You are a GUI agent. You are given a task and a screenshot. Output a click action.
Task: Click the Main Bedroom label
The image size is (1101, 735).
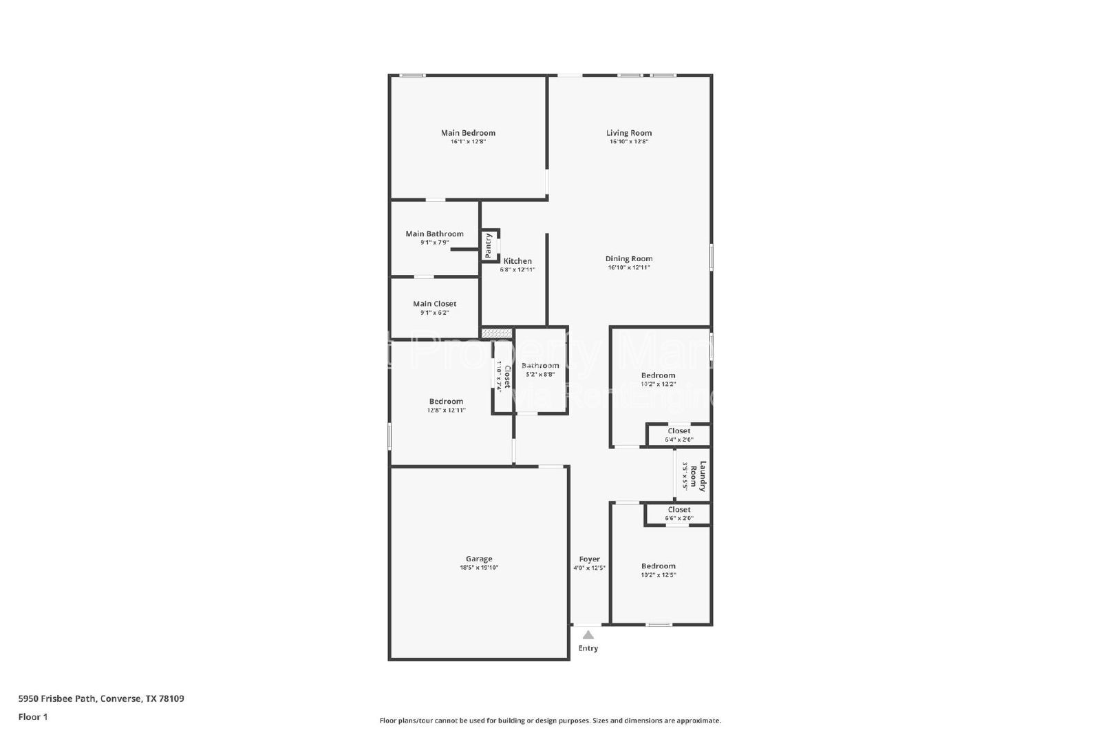pyautogui.click(x=468, y=133)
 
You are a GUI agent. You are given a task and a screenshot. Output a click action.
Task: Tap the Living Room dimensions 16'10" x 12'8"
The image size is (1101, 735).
pyautogui.click(x=628, y=142)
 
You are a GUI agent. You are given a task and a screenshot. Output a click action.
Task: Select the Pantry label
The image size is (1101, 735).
pyautogui.click(x=489, y=245)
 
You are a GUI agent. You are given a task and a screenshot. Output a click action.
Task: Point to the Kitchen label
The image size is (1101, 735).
pyautogui.click(x=517, y=261)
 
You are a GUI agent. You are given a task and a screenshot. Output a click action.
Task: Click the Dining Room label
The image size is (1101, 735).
pyautogui.click(x=628, y=259)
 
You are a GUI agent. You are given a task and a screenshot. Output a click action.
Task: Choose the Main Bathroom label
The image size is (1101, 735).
pyautogui.click(x=434, y=234)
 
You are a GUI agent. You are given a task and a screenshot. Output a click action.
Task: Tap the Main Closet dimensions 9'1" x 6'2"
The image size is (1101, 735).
pyautogui.click(x=434, y=313)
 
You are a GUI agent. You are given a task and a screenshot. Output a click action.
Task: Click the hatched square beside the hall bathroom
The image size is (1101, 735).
pyautogui.click(x=496, y=333)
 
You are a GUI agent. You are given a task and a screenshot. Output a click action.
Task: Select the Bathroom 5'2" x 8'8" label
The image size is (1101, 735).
pyautogui.click(x=540, y=366)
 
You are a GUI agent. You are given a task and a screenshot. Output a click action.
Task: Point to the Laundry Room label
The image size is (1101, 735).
pyautogui.click(x=702, y=476)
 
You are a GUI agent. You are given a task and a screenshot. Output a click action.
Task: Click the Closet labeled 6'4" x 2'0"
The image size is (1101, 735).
pyautogui.click(x=678, y=431)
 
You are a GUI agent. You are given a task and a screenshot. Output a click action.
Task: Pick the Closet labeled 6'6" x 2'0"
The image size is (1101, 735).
pyautogui.click(x=678, y=510)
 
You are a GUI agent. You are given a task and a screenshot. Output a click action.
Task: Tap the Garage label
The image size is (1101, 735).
pyautogui.click(x=479, y=559)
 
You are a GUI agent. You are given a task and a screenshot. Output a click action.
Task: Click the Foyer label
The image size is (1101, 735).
pyautogui.click(x=589, y=559)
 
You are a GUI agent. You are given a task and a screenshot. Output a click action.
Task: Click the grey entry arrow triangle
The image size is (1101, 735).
pyautogui.click(x=588, y=635)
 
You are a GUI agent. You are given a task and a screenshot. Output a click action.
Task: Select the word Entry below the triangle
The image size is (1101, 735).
pyautogui.click(x=588, y=648)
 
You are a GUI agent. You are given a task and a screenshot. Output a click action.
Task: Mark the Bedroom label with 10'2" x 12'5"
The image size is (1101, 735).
pyautogui.click(x=658, y=566)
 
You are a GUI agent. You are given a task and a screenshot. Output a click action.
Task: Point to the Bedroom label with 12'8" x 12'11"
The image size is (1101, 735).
pyautogui.click(x=446, y=402)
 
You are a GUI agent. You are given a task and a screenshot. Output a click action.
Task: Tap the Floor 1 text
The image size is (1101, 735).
pyautogui.click(x=33, y=717)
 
